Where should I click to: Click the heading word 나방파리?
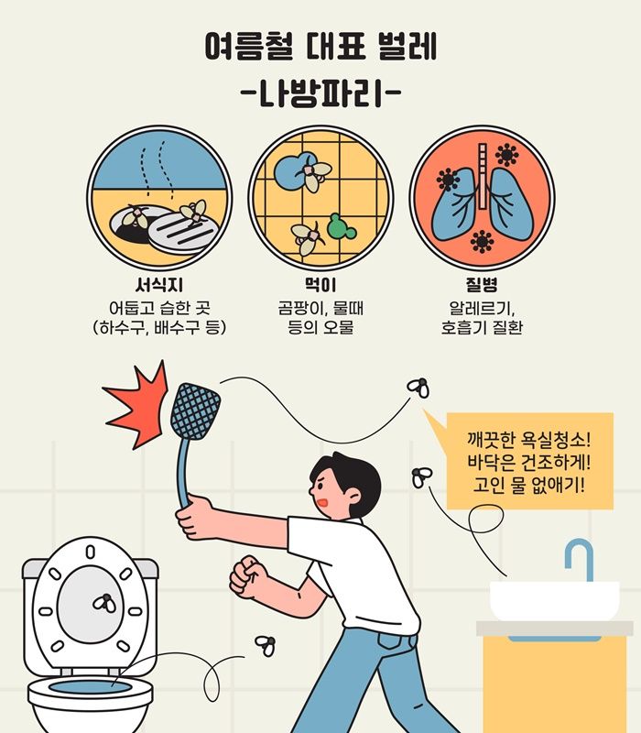coord(320,93)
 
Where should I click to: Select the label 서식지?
coord(158,284)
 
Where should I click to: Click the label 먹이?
coord(320,284)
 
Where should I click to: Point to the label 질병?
coord(482,284)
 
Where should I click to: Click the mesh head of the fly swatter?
coord(195,411)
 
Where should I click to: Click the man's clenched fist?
coord(247,576)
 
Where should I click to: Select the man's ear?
coord(353,496)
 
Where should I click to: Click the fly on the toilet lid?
coord(104,603)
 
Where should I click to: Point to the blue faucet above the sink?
coord(580,559)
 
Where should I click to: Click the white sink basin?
coord(555,601)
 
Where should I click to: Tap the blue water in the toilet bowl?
coord(90,687)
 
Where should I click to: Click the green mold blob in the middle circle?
coord(341,227)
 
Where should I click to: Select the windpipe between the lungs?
coord(483,176)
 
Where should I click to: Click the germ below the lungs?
coord(482,242)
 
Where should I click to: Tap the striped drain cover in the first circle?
coord(183,232)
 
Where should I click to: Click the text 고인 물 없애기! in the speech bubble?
coord(528,485)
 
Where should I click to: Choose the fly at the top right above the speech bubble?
coord(418,388)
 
